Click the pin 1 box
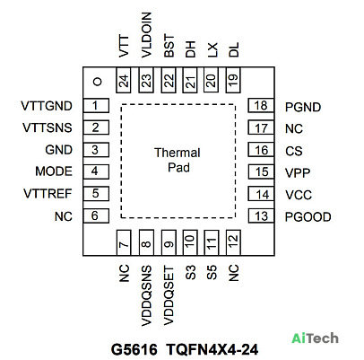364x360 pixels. coord(96,106)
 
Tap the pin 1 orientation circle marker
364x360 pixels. coord(98,82)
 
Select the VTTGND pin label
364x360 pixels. coord(47,106)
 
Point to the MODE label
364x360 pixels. coord(54,171)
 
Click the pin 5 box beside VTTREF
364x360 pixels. coord(96,193)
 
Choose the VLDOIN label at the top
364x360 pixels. coord(146,35)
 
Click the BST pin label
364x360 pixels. coord(169,46)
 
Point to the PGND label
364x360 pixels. coord(303,107)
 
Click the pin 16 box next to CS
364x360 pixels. coord(261,150)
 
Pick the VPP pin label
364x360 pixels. coord(298,172)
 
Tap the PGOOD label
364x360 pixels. coord(308,217)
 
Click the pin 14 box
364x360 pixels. coord(261,194)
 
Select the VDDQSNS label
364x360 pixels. coord(146,295)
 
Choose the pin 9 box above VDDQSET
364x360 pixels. coord(169,242)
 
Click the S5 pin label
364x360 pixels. coord(212,273)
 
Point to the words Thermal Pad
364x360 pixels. coord(178,160)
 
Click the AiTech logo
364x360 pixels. coord(315,338)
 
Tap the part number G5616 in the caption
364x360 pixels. coord(134,349)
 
